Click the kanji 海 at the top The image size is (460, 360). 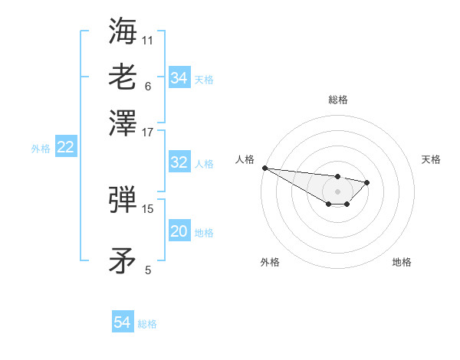click(x=123, y=31)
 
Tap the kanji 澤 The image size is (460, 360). click(x=123, y=121)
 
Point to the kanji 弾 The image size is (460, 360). click(x=123, y=199)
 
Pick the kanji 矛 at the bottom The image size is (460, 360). click(x=123, y=261)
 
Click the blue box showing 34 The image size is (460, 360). click(x=179, y=78)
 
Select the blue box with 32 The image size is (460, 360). click(x=179, y=162)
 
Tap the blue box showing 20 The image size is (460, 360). click(x=179, y=232)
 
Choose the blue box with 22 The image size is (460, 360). click(x=65, y=148)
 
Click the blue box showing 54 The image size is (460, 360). click(x=123, y=322)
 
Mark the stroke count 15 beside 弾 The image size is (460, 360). click(x=148, y=208)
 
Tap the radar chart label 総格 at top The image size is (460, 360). click(x=337, y=100)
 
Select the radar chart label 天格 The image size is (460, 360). click(x=431, y=159)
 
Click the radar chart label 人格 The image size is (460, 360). click(x=245, y=159)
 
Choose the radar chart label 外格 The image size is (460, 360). click(x=270, y=262)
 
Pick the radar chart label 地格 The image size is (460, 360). click(x=402, y=262)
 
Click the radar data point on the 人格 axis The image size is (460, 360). click(x=264, y=168)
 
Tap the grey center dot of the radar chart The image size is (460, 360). click(x=337, y=191)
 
